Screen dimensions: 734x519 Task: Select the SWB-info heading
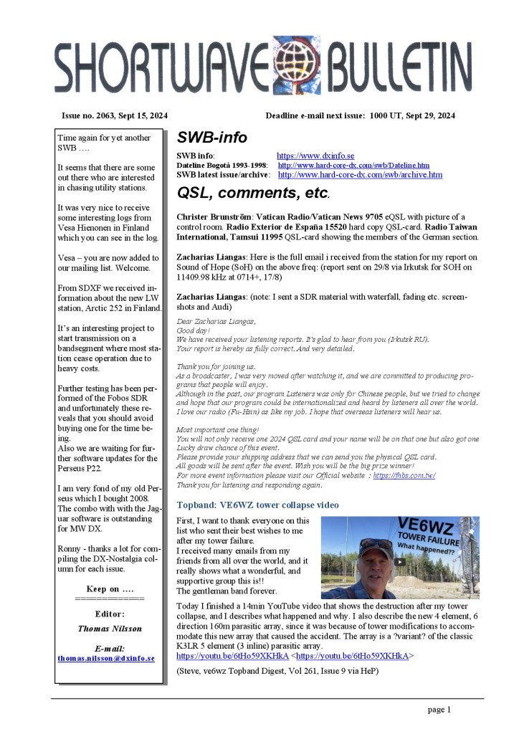click(212, 137)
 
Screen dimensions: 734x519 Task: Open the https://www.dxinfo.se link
click(315, 156)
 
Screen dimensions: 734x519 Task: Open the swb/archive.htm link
click(360, 175)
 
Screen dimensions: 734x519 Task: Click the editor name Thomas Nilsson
click(110, 628)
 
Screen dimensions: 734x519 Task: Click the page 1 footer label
click(439, 710)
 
